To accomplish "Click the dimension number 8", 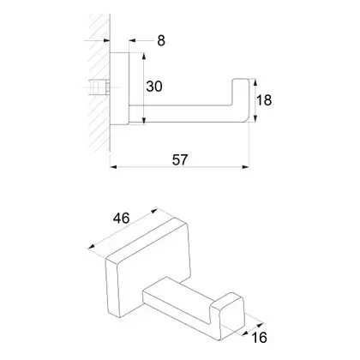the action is point(161,40).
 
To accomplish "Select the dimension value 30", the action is point(154,87).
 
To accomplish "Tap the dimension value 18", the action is point(264,100).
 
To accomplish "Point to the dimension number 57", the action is point(180,159).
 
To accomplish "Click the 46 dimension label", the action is point(122,219).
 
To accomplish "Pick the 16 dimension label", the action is point(259,338).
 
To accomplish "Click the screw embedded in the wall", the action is point(99,87).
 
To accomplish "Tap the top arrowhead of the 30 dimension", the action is point(144,56).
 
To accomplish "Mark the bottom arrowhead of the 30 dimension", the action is point(144,121).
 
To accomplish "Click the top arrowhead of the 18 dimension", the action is point(255,82).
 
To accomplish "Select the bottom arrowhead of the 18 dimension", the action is point(255,118).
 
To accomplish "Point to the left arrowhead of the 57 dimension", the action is point(113,167).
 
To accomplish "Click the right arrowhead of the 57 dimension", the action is point(246,167).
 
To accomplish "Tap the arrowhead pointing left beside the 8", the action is point(132,41).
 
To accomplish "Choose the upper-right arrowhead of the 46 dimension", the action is point(154,211).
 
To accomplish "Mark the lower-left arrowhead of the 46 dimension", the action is point(92,247).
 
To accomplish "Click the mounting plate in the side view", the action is point(119,89).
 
